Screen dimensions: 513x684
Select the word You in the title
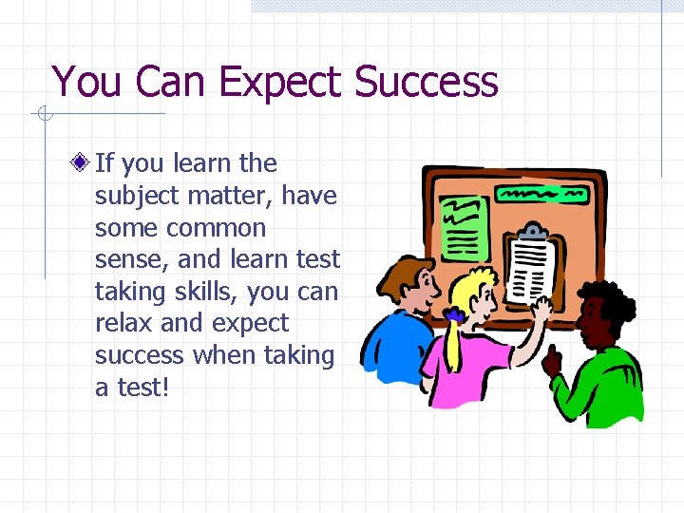pyautogui.click(x=87, y=82)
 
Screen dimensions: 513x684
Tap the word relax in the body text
pyautogui.click(x=123, y=324)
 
